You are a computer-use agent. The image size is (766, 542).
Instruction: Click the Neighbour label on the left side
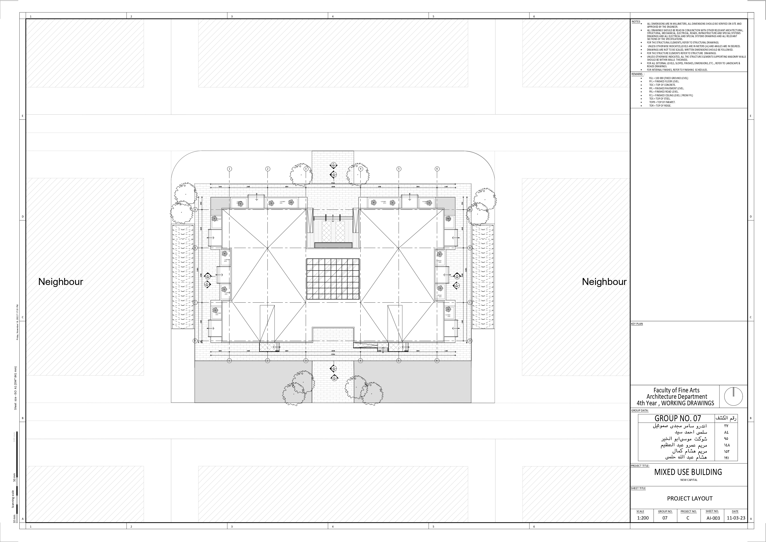click(60, 282)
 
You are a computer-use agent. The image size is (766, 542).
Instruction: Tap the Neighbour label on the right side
click(604, 282)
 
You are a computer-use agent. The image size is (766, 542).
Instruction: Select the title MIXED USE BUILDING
click(688, 472)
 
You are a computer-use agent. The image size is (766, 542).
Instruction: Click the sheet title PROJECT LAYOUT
click(690, 498)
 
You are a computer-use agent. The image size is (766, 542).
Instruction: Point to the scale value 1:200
click(643, 518)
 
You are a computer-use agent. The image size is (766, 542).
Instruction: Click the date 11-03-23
click(736, 518)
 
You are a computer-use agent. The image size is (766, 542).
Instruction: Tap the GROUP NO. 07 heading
click(677, 418)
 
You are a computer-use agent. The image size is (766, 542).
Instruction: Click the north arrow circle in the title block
click(733, 397)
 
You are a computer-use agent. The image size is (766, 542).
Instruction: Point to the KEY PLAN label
click(637, 324)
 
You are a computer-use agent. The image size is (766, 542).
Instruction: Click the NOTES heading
click(635, 22)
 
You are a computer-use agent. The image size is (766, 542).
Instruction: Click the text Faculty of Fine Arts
click(676, 390)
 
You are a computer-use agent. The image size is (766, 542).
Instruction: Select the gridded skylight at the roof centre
click(333, 279)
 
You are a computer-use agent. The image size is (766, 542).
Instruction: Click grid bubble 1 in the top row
click(229, 169)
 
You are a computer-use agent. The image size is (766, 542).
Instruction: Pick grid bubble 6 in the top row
click(437, 169)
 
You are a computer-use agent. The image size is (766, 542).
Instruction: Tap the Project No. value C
click(688, 518)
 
